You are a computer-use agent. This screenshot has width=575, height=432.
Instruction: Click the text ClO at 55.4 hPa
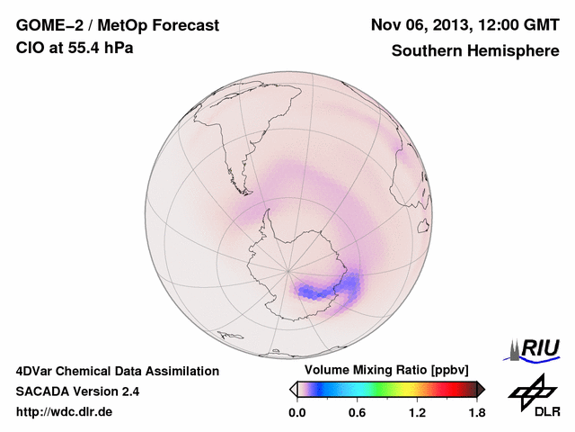click(x=75, y=48)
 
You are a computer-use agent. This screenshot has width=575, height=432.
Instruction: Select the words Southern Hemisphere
click(x=475, y=51)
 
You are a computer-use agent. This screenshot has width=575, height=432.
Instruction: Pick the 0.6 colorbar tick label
click(x=357, y=413)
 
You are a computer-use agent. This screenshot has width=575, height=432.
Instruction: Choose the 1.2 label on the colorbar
click(x=417, y=413)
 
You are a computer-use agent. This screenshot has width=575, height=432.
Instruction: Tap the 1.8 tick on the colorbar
click(x=476, y=413)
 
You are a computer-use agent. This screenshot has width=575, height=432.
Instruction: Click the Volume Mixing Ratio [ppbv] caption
click(x=383, y=370)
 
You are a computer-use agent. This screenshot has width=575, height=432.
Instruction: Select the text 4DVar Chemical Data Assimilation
click(x=118, y=371)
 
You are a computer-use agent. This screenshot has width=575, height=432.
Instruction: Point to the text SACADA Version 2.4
click(x=77, y=391)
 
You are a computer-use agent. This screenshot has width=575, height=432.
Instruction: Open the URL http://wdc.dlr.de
click(x=65, y=412)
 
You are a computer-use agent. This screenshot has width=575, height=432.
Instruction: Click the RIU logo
click(x=534, y=348)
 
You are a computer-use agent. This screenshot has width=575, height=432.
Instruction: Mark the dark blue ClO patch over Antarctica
click(x=314, y=291)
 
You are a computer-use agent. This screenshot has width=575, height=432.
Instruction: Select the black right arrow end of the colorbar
click(x=481, y=389)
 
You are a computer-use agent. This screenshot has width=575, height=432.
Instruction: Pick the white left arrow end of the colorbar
click(x=293, y=389)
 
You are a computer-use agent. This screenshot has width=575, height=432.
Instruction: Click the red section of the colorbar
click(x=449, y=389)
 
